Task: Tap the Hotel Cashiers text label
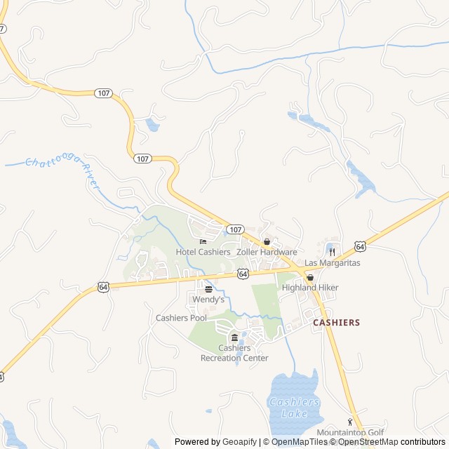click(x=203, y=252)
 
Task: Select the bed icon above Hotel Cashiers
click(x=203, y=242)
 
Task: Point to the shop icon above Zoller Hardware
click(x=267, y=242)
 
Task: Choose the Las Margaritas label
click(x=332, y=262)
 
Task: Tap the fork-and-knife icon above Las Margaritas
click(x=332, y=252)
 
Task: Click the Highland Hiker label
click(x=310, y=288)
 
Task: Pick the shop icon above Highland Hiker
click(x=309, y=278)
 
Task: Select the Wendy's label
click(x=208, y=300)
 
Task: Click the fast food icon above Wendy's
click(x=208, y=289)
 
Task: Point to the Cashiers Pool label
click(x=181, y=318)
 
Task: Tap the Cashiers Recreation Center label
click(x=234, y=353)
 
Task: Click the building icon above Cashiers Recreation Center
click(x=234, y=338)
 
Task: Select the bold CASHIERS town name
click(x=336, y=323)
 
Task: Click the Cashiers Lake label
click(x=295, y=408)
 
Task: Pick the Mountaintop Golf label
click(x=350, y=433)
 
